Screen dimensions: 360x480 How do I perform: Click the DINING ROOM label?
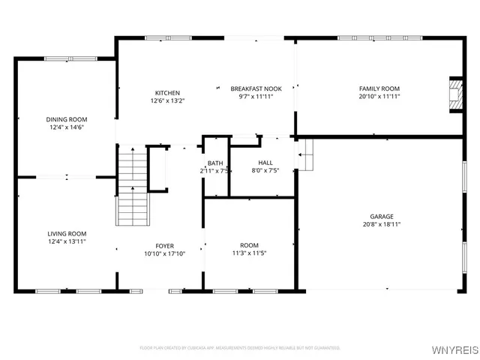[66, 119]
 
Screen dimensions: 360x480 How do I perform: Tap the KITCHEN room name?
[167, 93]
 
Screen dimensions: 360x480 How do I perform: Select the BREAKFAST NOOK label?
[256, 88]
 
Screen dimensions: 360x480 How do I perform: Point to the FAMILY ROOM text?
[379, 88]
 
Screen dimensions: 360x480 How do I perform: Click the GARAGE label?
[380, 216]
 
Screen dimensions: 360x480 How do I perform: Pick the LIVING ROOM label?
[66, 233]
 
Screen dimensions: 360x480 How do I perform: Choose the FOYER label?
[164, 246]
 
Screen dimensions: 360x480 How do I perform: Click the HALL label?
[265, 163]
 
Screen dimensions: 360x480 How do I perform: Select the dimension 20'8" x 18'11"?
[380, 224]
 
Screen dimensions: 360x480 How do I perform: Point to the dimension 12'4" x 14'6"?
[66, 127]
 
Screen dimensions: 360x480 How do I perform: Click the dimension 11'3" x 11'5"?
[249, 253]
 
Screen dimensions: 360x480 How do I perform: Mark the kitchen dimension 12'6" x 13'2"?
[167, 100]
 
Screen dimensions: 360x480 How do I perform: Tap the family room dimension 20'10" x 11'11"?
[379, 96]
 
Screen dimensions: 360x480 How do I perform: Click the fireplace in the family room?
[455, 94]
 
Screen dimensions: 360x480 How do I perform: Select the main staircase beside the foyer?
[133, 187]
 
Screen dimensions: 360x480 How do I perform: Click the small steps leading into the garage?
[304, 154]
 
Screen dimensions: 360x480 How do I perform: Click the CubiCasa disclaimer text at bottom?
[240, 348]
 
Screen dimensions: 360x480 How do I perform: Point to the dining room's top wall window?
[66, 58]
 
